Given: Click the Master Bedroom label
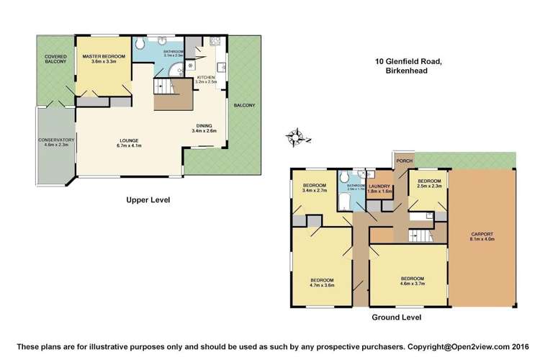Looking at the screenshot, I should [x=104, y=59].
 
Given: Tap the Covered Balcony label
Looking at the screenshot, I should [x=55, y=59].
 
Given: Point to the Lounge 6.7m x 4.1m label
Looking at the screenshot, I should [x=130, y=143].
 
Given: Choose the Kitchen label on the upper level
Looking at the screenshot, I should [x=207, y=80].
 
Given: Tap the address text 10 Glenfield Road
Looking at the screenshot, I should [x=408, y=62].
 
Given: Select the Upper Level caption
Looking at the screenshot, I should [x=148, y=200].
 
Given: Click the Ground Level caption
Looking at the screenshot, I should [x=396, y=317].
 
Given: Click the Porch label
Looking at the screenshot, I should [x=404, y=161].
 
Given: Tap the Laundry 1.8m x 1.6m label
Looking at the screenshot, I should [x=379, y=189].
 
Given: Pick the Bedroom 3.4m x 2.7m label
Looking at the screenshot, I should [x=315, y=189].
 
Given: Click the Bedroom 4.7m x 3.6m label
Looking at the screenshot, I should [x=322, y=282].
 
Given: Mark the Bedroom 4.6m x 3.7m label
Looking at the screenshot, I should [x=413, y=281].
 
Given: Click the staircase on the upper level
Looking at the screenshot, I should [x=174, y=94].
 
